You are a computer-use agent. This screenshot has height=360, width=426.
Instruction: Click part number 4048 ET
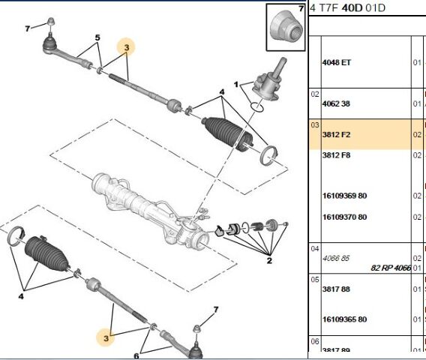[335, 62]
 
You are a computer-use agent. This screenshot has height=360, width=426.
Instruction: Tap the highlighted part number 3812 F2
[335, 135]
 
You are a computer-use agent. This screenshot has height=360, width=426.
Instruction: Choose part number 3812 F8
[335, 155]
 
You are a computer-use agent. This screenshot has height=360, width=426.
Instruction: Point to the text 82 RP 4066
[390, 267]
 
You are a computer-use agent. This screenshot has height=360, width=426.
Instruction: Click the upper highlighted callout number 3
[127, 48]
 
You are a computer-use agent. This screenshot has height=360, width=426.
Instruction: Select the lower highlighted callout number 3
[107, 338]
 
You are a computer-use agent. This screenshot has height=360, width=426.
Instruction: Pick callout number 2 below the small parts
[268, 260]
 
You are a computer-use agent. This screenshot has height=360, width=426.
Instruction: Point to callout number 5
[97, 37]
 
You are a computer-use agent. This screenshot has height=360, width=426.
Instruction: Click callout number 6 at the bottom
[136, 355]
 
